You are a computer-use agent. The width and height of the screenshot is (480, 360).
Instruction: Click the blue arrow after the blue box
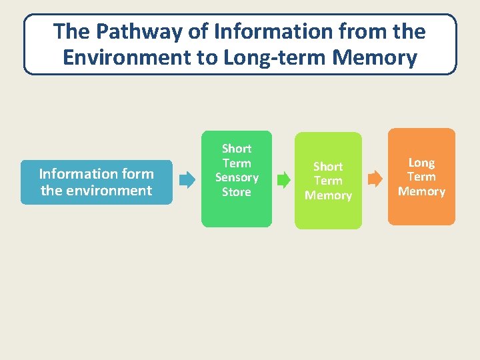187,179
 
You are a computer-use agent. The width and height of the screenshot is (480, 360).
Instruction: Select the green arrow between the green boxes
283,179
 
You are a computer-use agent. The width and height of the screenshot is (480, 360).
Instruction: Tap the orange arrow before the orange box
376,178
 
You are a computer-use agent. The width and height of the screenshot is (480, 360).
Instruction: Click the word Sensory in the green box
237,177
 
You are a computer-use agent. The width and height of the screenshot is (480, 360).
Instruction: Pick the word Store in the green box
237,192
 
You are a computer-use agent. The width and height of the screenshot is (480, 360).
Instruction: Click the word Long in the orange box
421,162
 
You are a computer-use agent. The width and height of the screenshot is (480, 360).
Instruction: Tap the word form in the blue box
139,174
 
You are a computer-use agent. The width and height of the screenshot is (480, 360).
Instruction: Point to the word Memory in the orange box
421,191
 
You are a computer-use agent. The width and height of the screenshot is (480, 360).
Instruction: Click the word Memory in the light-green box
328,195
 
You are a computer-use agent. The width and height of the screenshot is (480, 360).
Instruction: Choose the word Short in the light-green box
328,166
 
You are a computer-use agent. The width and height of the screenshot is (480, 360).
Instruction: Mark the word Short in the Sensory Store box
237,148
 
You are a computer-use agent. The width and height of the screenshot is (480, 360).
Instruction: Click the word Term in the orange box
421,177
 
